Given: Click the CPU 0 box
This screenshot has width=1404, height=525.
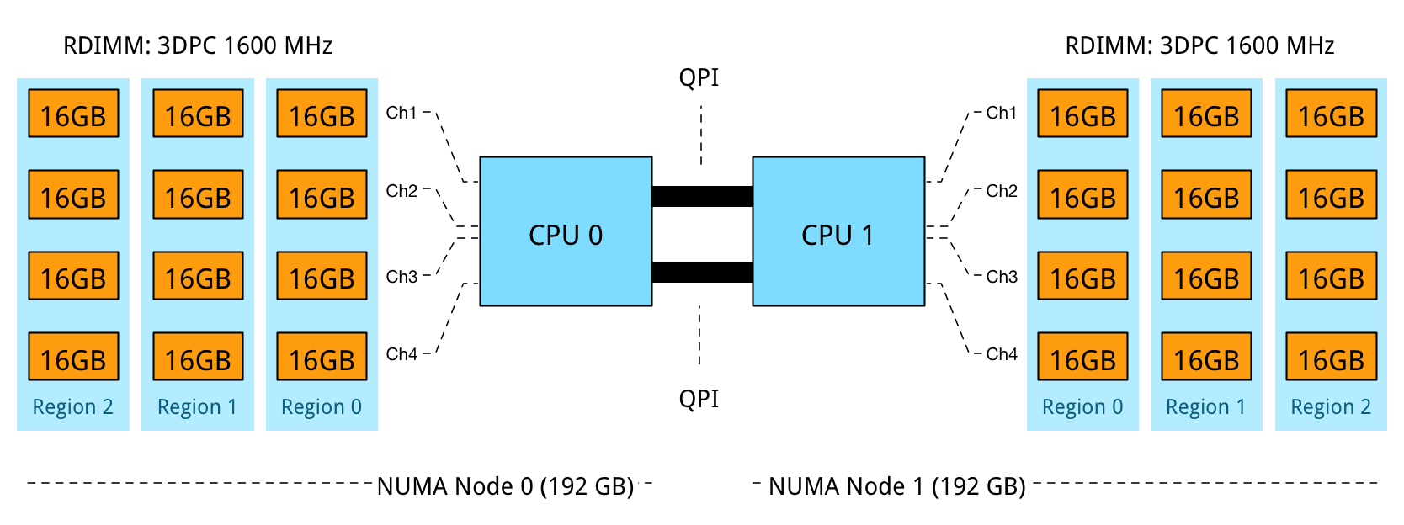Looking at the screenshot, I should [x=566, y=231].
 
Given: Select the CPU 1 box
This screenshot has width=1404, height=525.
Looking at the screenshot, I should [x=838, y=231].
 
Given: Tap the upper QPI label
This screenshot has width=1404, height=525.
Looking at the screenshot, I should [x=699, y=77].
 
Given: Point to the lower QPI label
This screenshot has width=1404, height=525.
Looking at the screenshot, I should [x=699, y=398].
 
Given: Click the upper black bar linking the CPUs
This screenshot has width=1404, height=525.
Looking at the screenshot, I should [x=702, y=196].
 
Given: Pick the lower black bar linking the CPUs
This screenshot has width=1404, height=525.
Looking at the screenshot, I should [x=702, y=273].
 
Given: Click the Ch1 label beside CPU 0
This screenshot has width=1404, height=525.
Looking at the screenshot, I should [x=402, y=113].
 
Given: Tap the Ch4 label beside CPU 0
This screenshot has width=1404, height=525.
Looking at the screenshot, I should [x=402, y=354].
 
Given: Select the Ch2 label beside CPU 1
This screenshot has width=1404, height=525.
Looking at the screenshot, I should [x=1002, y=191].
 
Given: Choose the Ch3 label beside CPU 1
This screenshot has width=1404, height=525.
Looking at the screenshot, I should [x=1002, y=277].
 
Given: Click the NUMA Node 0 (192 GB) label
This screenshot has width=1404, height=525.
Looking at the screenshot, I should [x=505, y=486].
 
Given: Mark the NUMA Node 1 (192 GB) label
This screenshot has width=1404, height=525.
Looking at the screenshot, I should [x=897, y=486].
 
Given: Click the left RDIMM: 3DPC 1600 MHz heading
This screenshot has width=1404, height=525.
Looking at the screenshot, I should [x=198, y=45].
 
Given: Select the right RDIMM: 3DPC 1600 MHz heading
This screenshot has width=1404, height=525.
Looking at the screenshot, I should [x=1199, y=45].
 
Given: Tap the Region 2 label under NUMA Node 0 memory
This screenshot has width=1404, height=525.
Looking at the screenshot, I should [x=72, y=407].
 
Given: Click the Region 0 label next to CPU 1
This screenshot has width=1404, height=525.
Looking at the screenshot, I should [x=1082, y=407].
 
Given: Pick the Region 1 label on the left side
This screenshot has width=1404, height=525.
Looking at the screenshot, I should [x=197, y=407].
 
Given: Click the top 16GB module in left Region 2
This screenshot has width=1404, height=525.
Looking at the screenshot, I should [x=73, y=114].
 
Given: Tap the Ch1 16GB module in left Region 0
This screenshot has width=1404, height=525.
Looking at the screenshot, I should [x=322, y=114].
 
